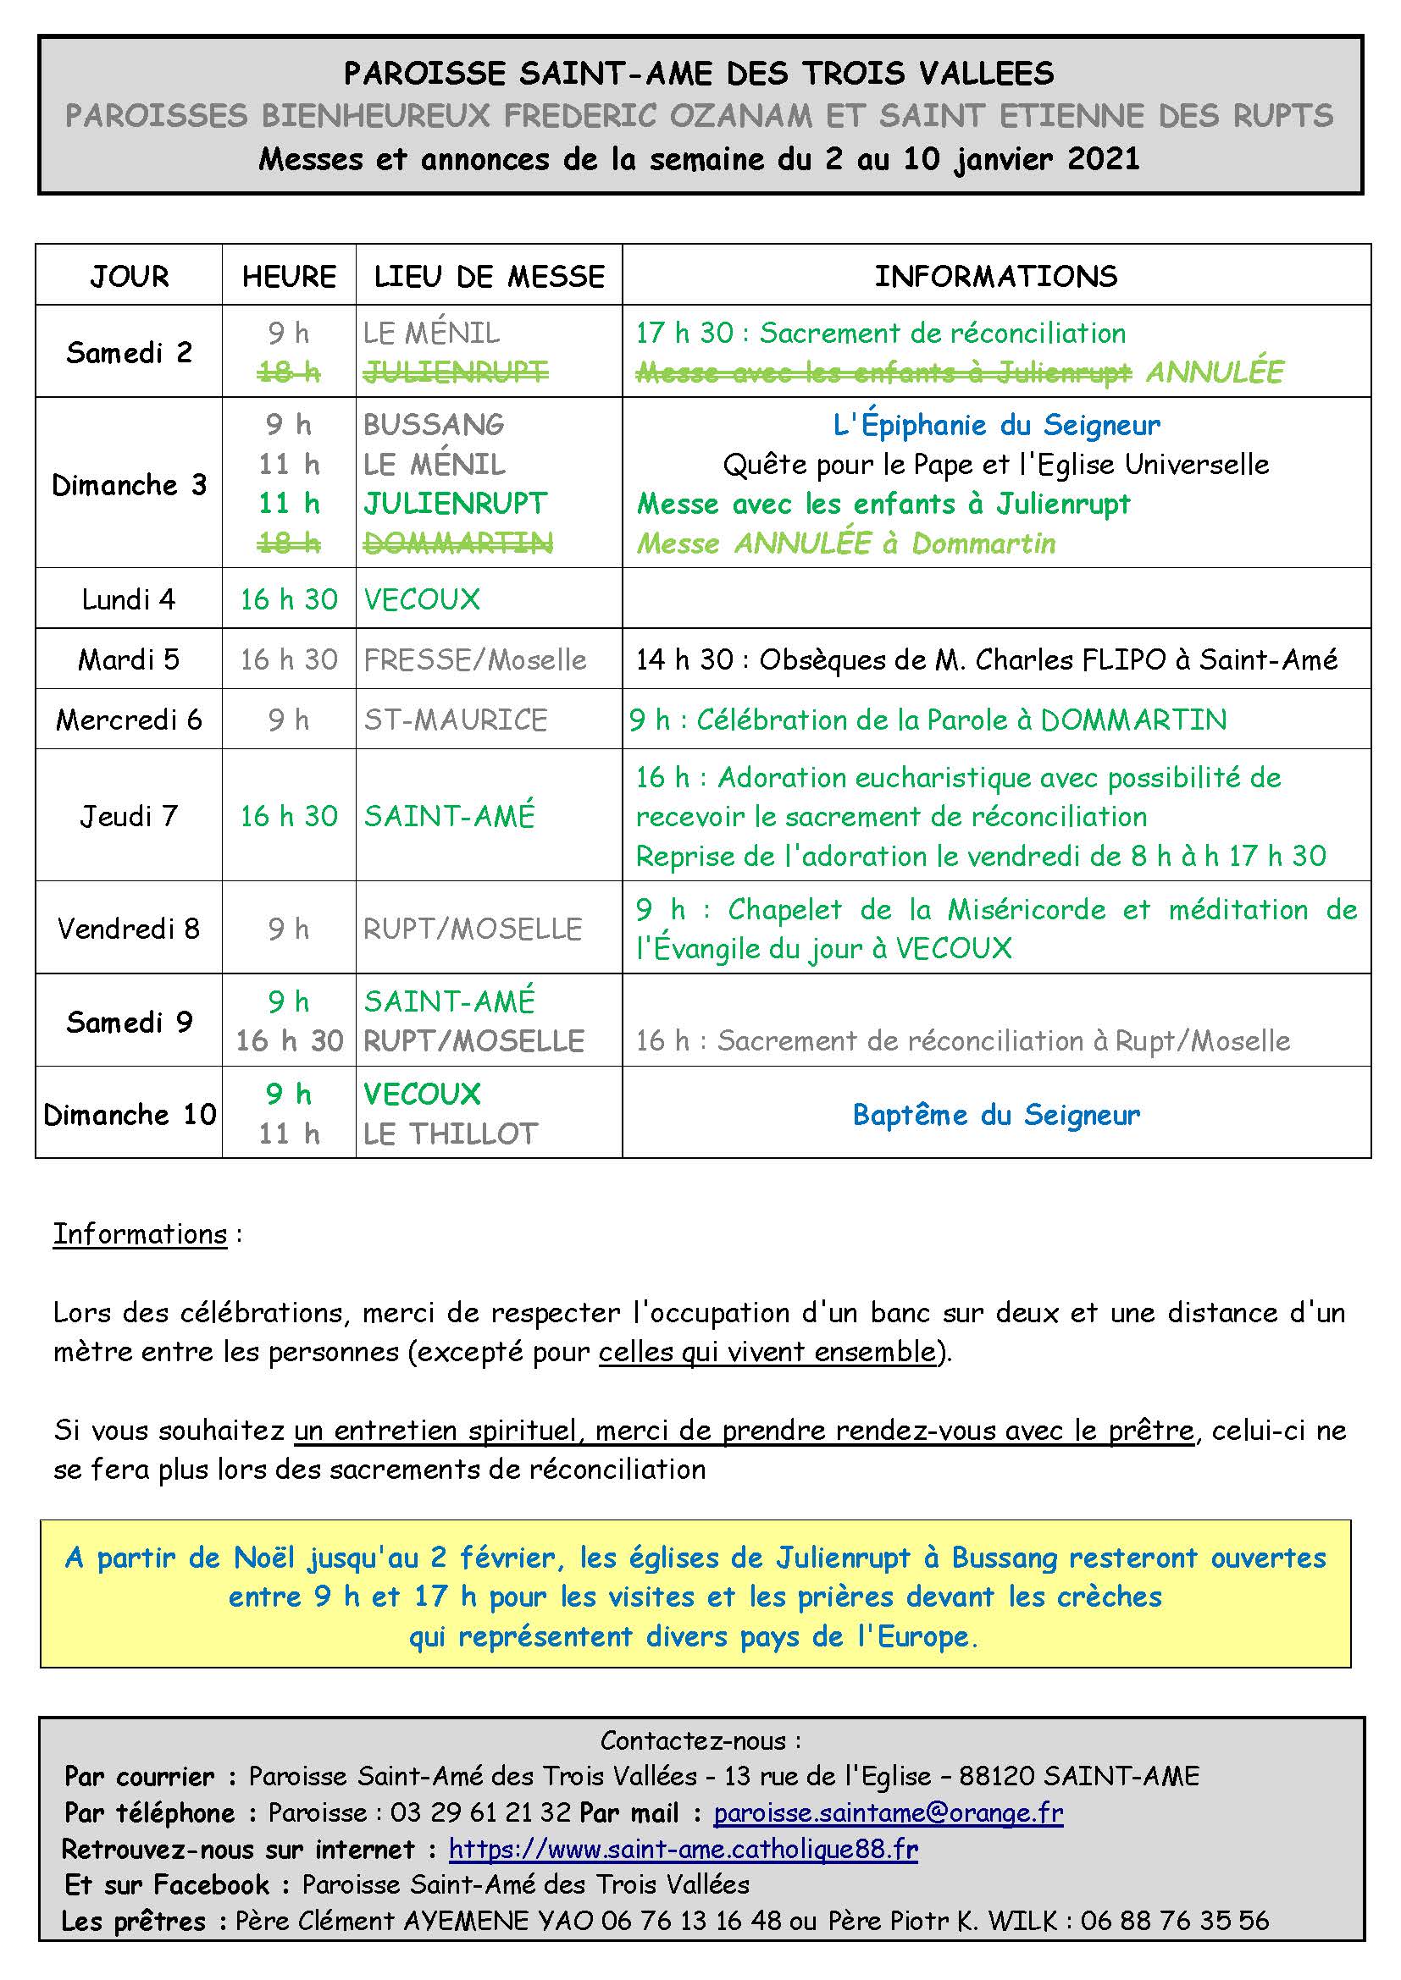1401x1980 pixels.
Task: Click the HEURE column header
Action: (x=289, y=276)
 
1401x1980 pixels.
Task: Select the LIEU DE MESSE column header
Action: (x=489, y=276)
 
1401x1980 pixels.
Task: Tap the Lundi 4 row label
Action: (x=129, y=598)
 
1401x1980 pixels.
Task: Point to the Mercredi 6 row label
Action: (x=129, y=720)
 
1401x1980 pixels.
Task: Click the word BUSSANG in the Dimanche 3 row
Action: (x=433, y=424)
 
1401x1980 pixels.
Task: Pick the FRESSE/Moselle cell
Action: (x=474, y=659)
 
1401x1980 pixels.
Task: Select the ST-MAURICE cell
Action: (x=456, y=720)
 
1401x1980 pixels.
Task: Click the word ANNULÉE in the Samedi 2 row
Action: (x=1214, y=372)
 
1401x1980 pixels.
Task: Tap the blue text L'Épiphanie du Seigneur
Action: (x=996, y=424)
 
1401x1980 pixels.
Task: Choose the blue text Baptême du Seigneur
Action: (x=996, y=1114)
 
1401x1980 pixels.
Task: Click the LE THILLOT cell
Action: (x=451, y=1133)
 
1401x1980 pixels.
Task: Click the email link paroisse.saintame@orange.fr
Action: (x=888, y=1812)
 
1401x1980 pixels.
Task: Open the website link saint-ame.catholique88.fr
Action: (x=684, y=1849)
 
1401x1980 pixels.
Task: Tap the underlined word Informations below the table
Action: (x=140, y=1234)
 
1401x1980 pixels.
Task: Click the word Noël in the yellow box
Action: (x=264, y=1558)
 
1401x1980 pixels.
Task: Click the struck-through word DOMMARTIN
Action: (x=457, y=543)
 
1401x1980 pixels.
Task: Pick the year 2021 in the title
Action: (x=1104, y=158)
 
